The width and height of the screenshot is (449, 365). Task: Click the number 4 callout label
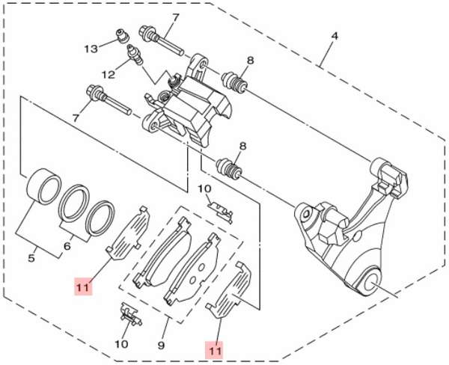pos(335,35)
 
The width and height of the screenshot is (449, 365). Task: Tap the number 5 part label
pos(31,259)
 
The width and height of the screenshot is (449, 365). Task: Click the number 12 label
pos(108,74)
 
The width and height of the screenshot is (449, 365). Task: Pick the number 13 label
pos(91,49)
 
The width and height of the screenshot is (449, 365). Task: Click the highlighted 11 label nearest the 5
pos(82,286)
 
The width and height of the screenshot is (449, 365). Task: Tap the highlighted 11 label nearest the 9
pos(216,349)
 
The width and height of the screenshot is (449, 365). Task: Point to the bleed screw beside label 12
pos(135,57)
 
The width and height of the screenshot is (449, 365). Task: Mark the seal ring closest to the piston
pos(73,202)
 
